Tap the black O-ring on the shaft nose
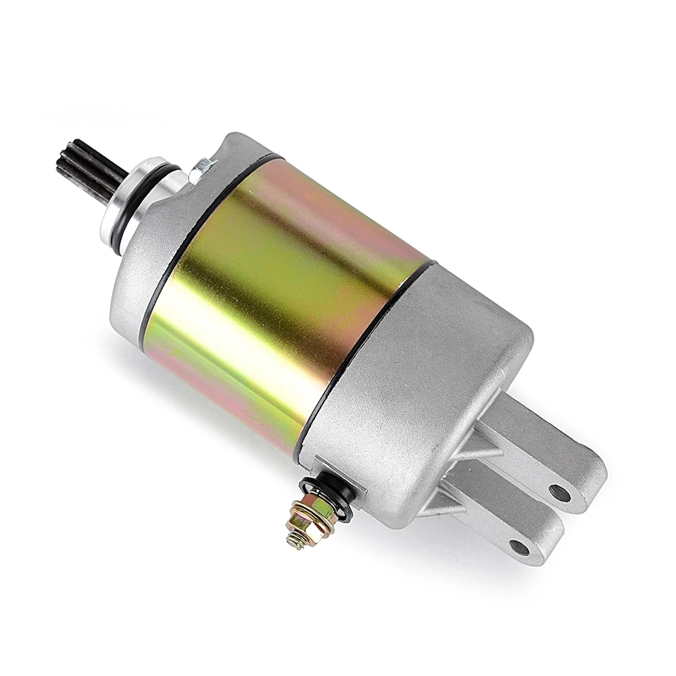(119, 206)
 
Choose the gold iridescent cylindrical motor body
(284, 297)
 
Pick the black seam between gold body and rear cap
(365, 352)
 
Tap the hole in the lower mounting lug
(519, 546)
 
